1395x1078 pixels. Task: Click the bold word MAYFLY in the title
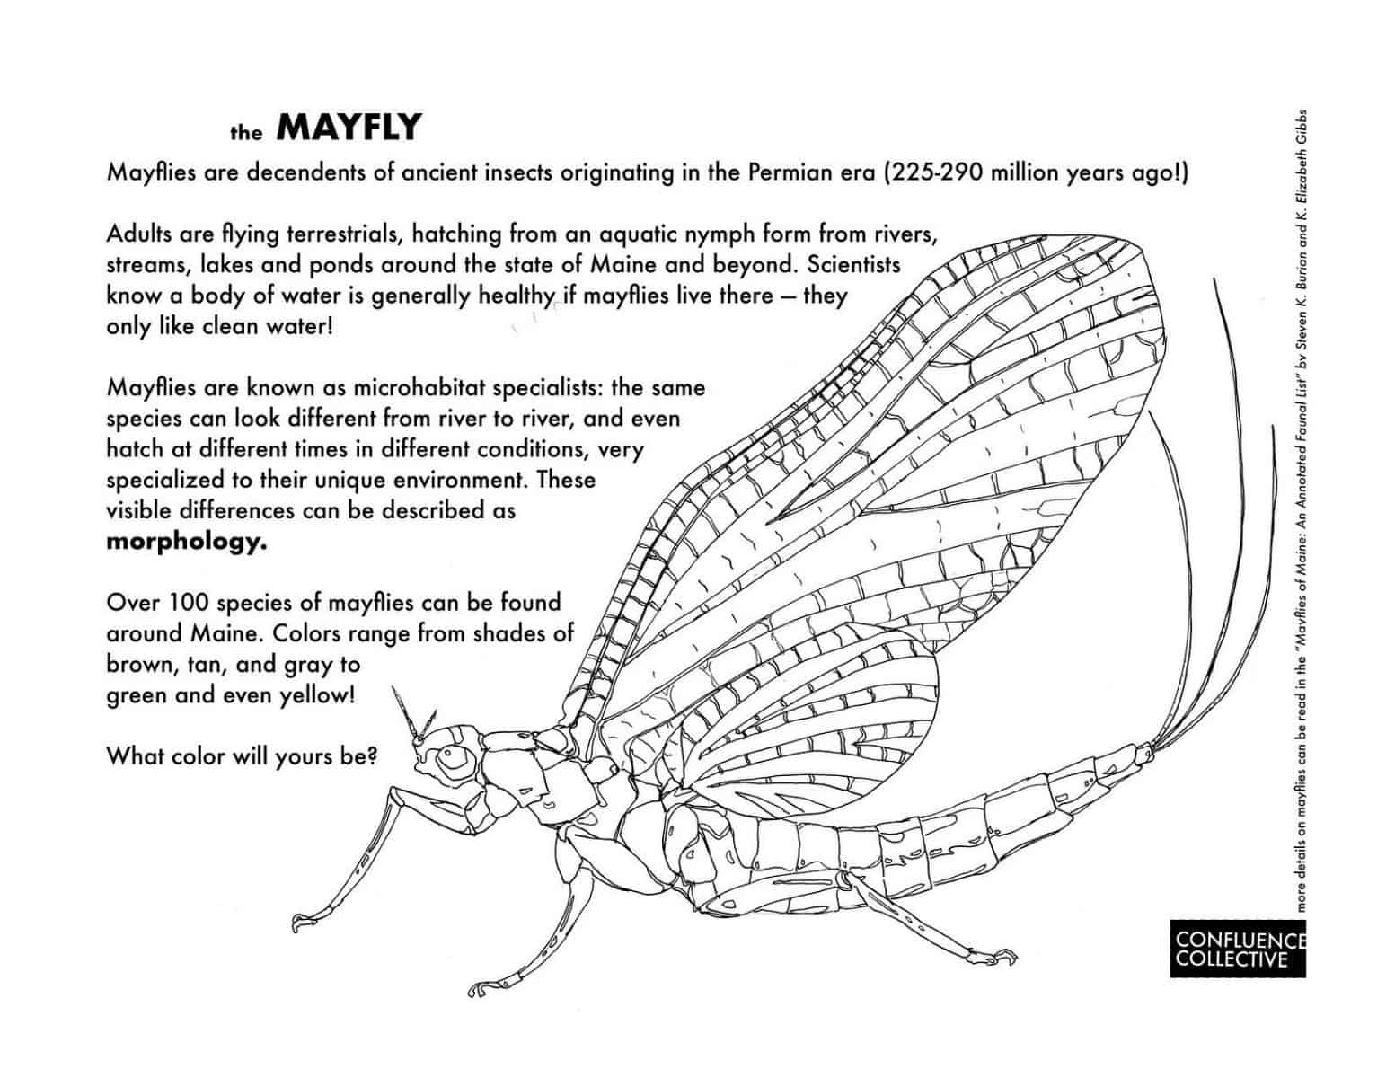pyautogui.click(x=348, y=128)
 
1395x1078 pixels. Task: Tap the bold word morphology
pyautogui.click(x=187, y=543)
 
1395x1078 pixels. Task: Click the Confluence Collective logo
pyautogui.click(x=1237, y=949)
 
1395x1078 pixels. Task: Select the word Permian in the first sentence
pyautogui.click(x=788, y=172)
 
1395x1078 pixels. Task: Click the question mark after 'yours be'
pyautogui.click(x=371, y=756)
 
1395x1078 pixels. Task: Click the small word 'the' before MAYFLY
pyautogui.click(x=245, y=134)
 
